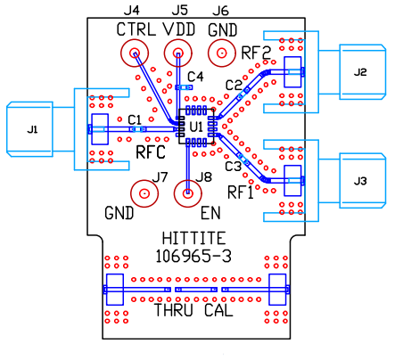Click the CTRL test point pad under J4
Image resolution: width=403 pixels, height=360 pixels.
click(x=135, y=53)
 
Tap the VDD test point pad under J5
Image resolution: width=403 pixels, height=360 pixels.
click(x=178, y=53)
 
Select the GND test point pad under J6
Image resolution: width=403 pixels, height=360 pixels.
click(x=222, y=53)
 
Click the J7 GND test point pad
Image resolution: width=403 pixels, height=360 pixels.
click(x=144, y=193)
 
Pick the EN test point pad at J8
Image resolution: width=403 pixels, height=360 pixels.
click(x=188, y=193)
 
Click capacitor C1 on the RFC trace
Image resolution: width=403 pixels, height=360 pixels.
click(x=138, y=129)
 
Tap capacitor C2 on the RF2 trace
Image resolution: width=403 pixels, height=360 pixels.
click(x=243, y=93)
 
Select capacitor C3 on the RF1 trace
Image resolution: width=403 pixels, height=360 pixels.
click(x=243, y=159)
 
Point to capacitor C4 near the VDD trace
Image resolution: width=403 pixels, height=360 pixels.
click(x=184, y=87)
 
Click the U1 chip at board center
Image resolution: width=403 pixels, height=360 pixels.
click(x=196, y=127)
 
